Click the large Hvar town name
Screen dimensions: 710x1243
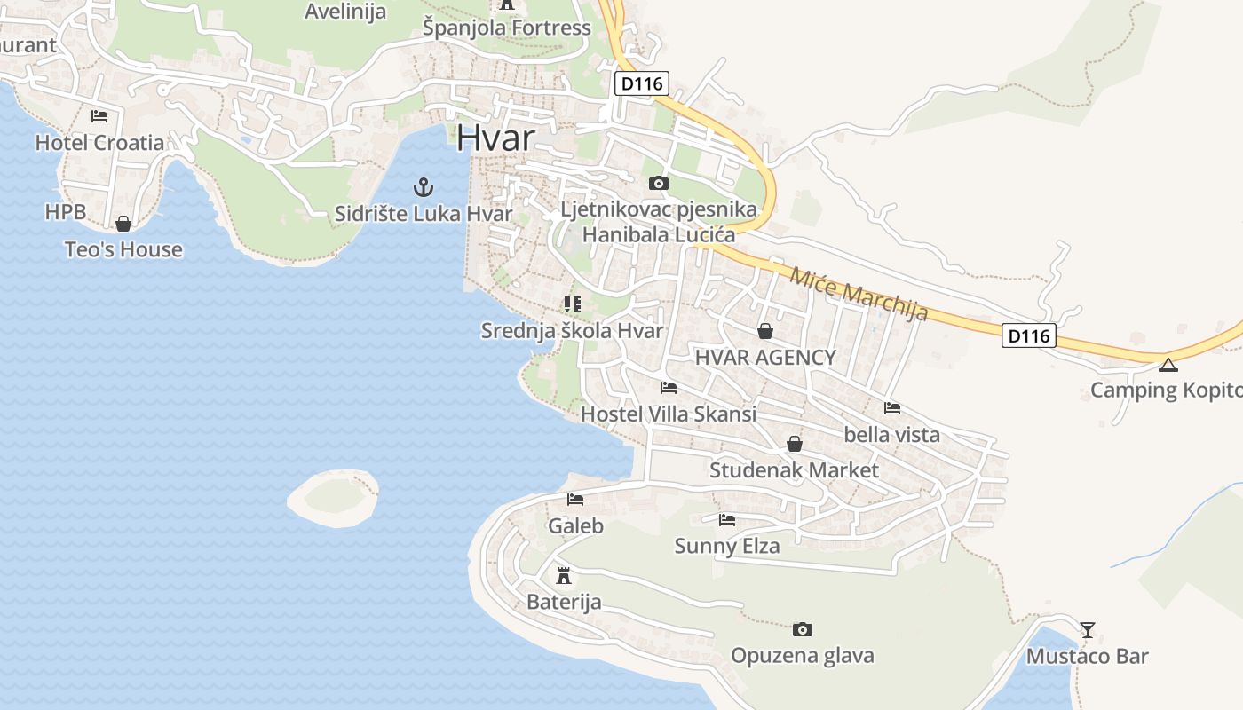click(x=496, y=138)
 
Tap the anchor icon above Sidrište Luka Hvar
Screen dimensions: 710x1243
click(x=424, y=187)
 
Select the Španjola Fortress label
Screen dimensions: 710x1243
click(x=507, y=28)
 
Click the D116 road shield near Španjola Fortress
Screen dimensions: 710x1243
click(x=641, y=84)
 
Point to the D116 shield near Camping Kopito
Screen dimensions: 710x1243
click(x=1030, y=335)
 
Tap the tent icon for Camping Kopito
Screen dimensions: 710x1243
click(x=1168, y=365)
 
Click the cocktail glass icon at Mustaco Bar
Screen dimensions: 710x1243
click(x=1088, y=630)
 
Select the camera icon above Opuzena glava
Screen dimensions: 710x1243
click(x=802, y=629)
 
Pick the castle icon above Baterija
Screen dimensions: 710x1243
click(x=563, y=575)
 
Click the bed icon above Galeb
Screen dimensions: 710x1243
click(x=575, y=500)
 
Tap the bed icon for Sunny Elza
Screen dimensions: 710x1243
click(x=727, y=520)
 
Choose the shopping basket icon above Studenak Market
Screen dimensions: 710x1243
click(x=795, y=444)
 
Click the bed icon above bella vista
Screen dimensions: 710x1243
click(x=892, y=408)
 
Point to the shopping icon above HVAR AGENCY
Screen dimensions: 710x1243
click(x=764, y=331)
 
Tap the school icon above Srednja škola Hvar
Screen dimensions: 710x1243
click(x=573, y=304)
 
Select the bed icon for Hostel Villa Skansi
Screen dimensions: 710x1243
click(x=669, y=388)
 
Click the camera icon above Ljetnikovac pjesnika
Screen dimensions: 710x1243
click(x=658, y=184)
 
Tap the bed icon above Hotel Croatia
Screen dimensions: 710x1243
click(x=99, y=116)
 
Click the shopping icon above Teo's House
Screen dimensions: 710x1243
click(x=123, y=224)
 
